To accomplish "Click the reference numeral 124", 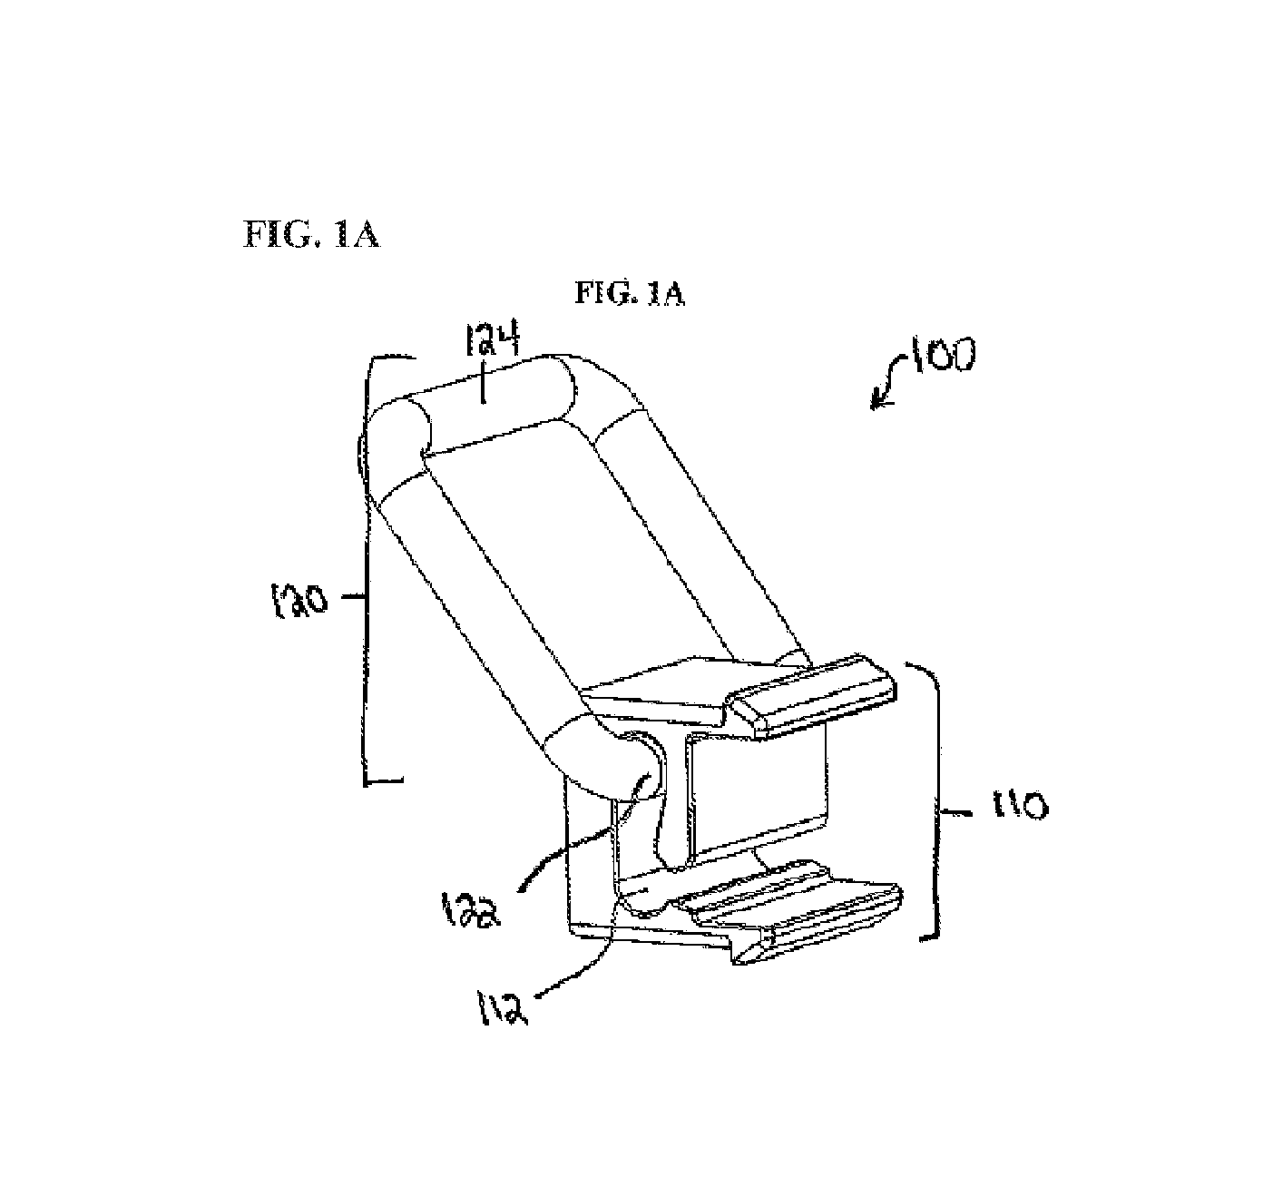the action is [x=492, y=340].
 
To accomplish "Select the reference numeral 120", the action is [x=297, y=602].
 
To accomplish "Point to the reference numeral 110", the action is [x=1020, y=805].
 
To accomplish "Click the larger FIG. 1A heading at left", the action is [x=311, y=234].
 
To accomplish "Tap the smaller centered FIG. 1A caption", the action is [x=630, y=294].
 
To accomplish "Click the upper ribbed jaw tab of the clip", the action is [x=816, y=697].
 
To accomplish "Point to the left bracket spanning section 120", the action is [x=368, y=572].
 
